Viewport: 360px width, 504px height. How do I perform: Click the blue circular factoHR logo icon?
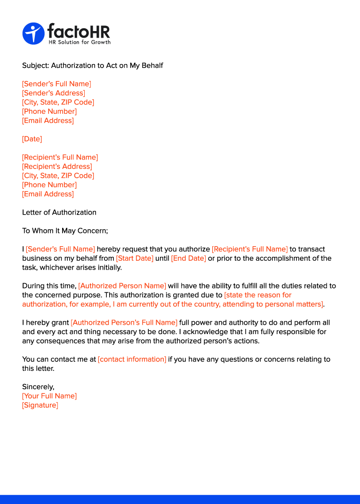33,34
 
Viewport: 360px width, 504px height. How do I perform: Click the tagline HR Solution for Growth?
80,42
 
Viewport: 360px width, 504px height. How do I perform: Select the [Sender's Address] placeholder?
54,93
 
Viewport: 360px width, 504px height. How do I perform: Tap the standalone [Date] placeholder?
32,139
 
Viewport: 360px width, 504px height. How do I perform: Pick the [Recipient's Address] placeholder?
57,167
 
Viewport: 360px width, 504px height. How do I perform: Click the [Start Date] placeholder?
135,258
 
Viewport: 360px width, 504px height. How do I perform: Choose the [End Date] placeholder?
188,258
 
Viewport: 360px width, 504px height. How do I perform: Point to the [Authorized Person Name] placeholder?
122,286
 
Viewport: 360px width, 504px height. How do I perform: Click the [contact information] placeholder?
132,360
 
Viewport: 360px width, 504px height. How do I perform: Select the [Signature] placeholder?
40,405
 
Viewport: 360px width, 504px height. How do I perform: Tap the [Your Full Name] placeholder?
49,396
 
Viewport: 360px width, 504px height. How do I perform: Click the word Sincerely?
38,387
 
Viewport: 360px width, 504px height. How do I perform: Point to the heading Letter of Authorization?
59,212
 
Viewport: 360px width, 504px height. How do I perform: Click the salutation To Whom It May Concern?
65,231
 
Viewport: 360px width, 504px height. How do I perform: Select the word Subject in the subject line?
35,65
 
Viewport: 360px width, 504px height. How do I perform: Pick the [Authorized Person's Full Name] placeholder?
124,323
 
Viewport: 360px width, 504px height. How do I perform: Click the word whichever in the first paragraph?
57,268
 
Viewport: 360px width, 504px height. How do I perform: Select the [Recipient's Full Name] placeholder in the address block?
60,157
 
